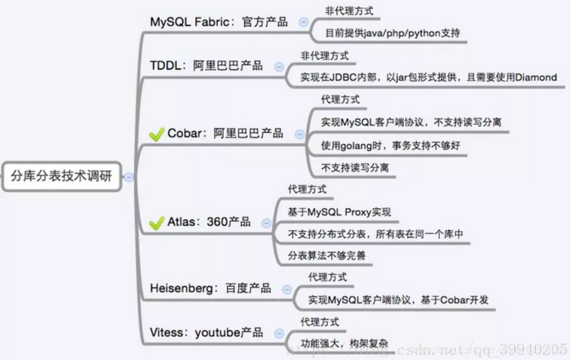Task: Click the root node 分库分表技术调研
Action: (x=61, y=176)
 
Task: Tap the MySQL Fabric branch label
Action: (x=219, y=22)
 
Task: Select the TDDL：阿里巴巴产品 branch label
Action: (x=207, y=65)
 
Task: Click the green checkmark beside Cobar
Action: (x=156, y=135)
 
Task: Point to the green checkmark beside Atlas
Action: (x=156, y=223)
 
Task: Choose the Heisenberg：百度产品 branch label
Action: (x=211, y=288)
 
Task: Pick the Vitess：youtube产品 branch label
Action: (x=207, y=333)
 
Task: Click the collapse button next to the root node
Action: (x=129, y=177)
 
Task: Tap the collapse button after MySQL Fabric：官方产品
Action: (x=303, y=22)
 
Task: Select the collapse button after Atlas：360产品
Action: (x=266, y=223)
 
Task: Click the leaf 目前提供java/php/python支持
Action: (x=392, y=33)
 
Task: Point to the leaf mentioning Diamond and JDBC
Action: (x=428, y=77)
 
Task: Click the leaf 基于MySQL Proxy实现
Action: (x=339, y=212)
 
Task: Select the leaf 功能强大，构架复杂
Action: (x=344, y=343)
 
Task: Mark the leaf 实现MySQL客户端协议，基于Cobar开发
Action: (x=398, y=300)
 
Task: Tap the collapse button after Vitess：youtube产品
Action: (x=278, y=333)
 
